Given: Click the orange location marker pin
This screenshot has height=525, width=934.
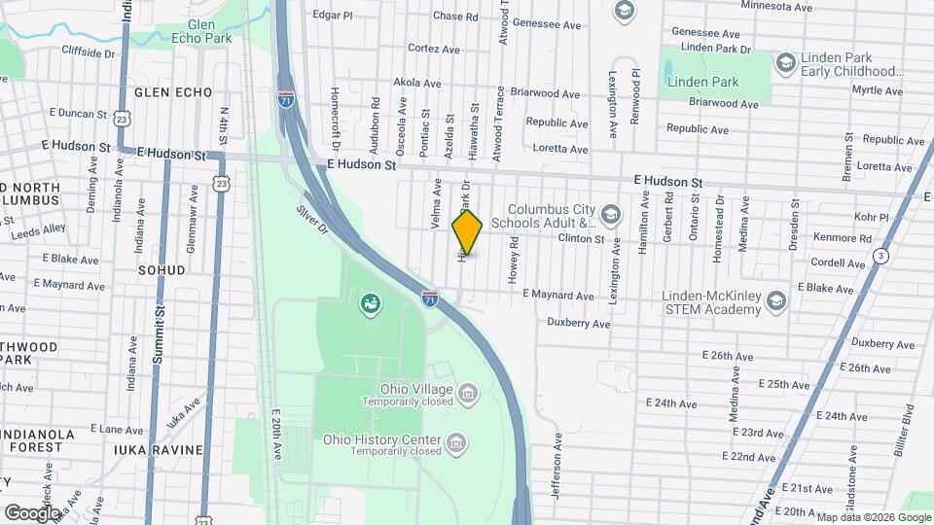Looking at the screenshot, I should tap(468, 233).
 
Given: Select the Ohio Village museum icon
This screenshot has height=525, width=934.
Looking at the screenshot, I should tap(468, 393).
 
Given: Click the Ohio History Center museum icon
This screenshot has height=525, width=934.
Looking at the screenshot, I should tap(453, 444).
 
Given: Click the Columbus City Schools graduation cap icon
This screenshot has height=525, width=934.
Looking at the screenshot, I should tap(610, 214).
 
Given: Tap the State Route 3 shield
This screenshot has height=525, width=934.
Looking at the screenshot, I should tap(880, 256).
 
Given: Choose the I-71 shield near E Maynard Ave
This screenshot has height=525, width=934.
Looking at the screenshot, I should tap(429, 297).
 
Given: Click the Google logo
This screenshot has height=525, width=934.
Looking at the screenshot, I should tap(32, 512).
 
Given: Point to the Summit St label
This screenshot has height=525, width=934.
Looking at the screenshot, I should tap(159, 331).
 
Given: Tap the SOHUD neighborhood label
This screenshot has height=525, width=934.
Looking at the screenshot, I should tap(161, 269).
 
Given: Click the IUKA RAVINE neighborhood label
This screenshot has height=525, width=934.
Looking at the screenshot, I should tap(158, 450).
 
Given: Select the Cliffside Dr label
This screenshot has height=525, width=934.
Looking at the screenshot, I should tap(94, 52).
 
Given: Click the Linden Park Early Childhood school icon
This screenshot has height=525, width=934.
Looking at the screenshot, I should tap(785, 63).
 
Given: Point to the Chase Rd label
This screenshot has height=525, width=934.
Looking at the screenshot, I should tap(455, 17).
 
